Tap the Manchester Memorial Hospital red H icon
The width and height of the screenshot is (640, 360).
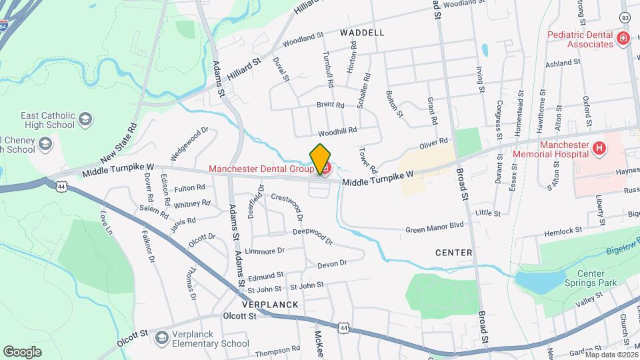point(599,148)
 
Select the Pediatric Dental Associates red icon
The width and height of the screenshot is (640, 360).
point(623,39)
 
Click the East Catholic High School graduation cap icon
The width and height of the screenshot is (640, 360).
point(85,120)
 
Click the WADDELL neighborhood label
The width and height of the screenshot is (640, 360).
point(362,32)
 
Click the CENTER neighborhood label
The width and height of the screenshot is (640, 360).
point(453,253)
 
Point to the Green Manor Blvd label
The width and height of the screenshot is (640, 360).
point(435,227)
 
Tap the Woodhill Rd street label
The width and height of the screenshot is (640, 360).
point(337,131)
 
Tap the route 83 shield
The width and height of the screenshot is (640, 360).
point(625,17)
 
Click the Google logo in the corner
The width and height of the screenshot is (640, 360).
point(22,351)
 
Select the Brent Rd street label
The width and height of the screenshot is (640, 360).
point(330,105)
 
